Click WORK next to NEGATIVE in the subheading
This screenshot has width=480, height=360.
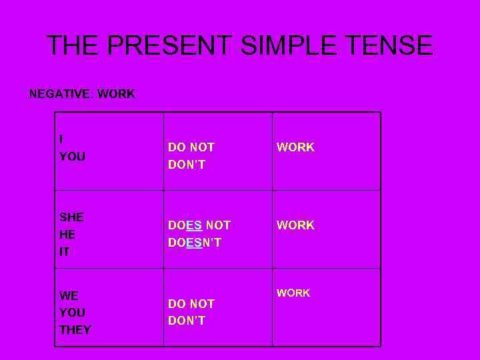pyautogui.click(x=116, y=94)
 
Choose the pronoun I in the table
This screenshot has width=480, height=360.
pyautogui.click(x=61, y=139)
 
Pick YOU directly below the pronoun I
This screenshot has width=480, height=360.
pyautogui.click(x=72, y=157)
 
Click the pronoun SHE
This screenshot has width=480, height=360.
pyautogui.click(x=71, y=217)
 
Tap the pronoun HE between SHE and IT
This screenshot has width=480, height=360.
pyautogui.click(x=67, y=235)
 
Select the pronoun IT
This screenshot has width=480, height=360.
pyautogui.click(x=64, y=252)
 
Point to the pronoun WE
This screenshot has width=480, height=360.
pyautogui.click(x=69, y=295)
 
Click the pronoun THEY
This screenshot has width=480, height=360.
pyautogui.click(x=75, y=330)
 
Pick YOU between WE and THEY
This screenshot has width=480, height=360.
pyautogui.click(x=72, y=313)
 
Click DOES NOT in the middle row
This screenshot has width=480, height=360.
pyautogui.click(x=199, y=226)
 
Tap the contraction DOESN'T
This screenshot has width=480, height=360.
pyautogui.click(x=195, y=243)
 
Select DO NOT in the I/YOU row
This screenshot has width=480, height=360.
pyautogui.click(x=191, y=147)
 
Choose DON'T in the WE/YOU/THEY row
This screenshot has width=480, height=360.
pyautogui.click(x=187, y=321)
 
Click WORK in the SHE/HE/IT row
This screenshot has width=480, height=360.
pyautogui.click(x=295, y=225)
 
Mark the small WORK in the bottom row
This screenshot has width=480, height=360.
pyautogui.click(x=293, y=293)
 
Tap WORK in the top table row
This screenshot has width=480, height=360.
pyautogui.click(x=295, y=147)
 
